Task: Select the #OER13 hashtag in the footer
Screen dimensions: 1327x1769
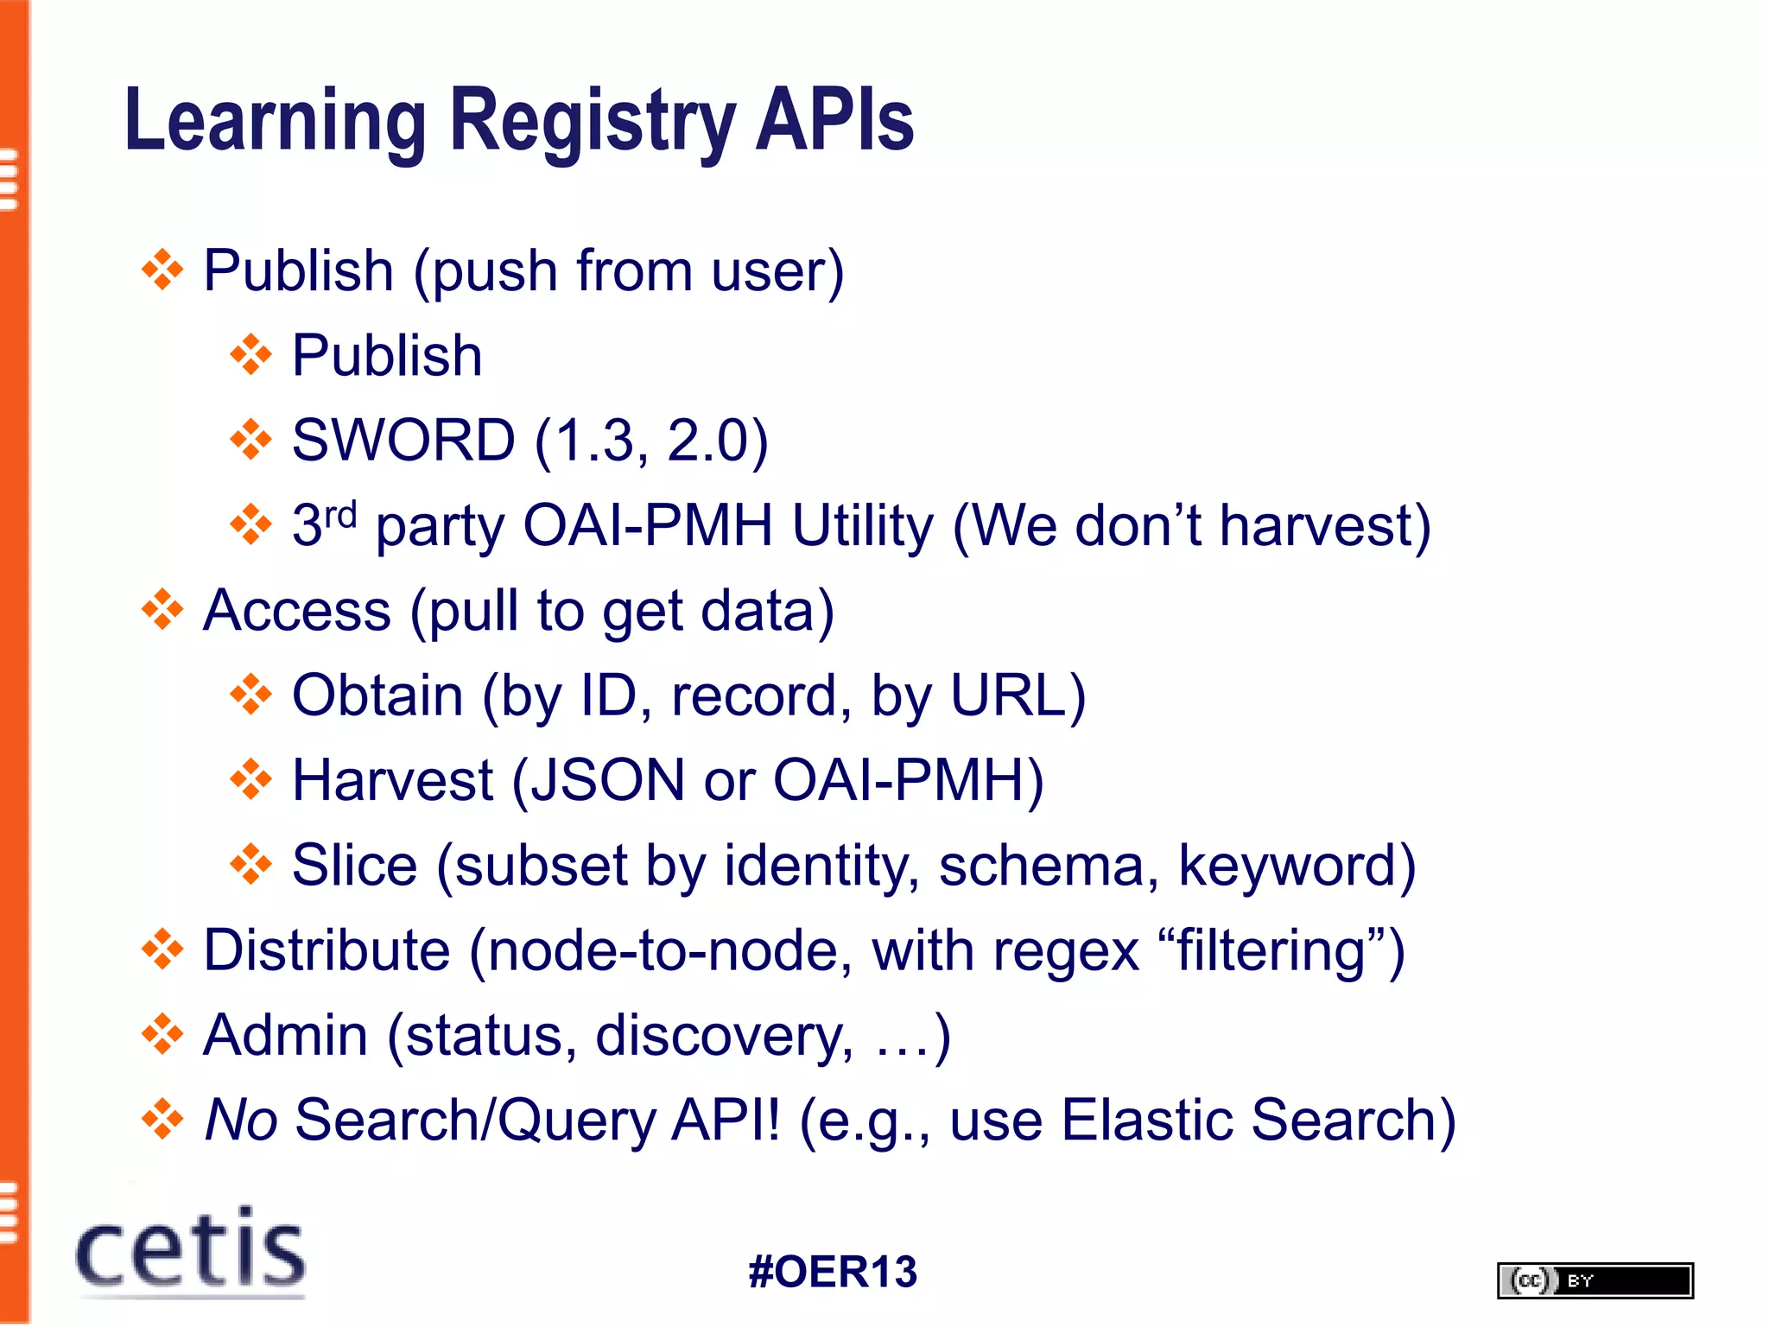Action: pyautogui.click(x=833, y=1272)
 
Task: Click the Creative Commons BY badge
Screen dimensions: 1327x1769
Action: pyautogui.click(x=1595, y=1280)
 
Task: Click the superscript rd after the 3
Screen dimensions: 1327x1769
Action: pyautogui.click(x=340, y=515)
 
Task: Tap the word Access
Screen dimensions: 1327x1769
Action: pyautogui.click(x=297, y=610)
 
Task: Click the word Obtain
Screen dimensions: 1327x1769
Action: pyautogui.click(x=377, y=695)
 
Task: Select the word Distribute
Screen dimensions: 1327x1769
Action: pyautogui.click(x=327, y=949)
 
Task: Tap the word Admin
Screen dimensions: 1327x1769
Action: pyautogui.click(x=286, y=1034)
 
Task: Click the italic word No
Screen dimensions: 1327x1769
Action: pyautogui.click(x=240, y=1120)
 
